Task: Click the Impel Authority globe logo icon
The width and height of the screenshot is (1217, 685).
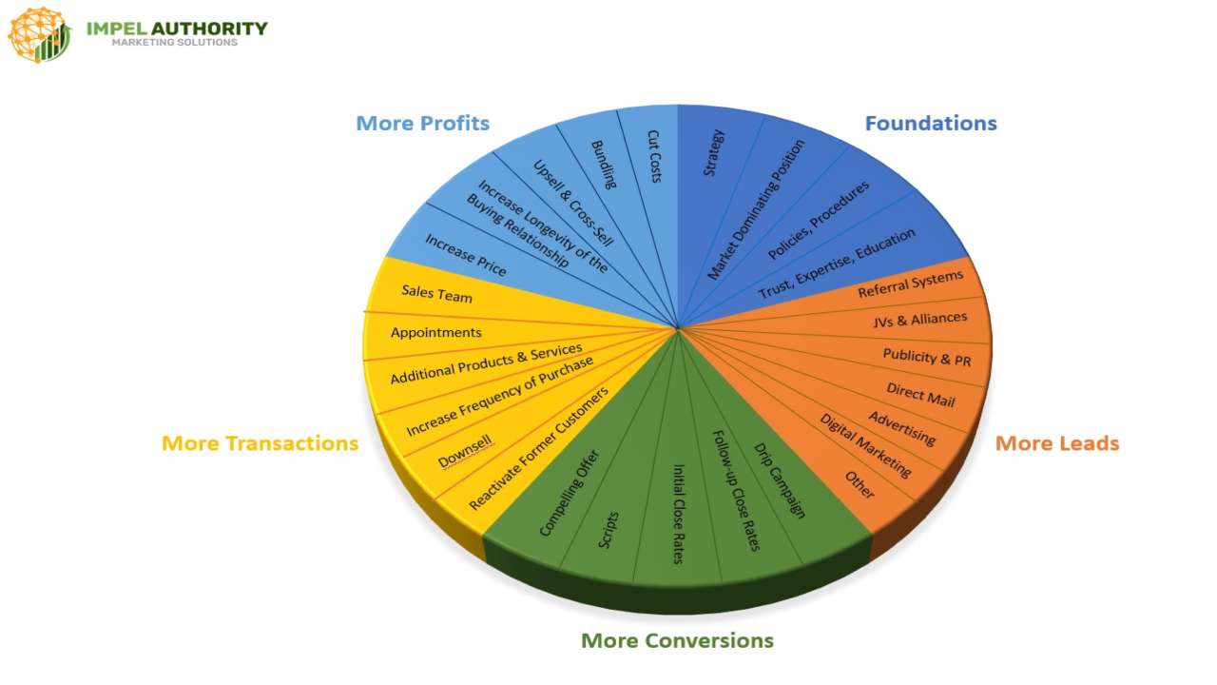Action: [39, 34]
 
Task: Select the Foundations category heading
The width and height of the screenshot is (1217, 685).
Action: [930, 123]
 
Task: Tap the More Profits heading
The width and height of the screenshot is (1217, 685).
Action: [422, 123]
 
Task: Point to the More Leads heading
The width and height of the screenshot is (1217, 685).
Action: [1056, 443]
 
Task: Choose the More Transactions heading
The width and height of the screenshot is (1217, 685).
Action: [260, 443]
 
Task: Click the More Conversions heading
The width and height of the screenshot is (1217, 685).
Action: [677, 640]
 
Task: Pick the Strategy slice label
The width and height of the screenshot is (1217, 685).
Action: [713, 152]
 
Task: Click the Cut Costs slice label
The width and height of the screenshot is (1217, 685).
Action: [654, 156]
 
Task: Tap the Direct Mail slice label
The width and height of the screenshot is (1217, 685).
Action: [920, 394]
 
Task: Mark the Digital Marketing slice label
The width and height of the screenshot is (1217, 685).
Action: [865, 445]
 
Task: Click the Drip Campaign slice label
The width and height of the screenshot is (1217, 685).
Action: [780, 480]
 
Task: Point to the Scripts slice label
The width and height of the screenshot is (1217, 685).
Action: [608, 530]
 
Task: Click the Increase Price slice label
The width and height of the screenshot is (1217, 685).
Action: [465, 255]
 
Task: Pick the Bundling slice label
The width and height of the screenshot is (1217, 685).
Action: [604, 164]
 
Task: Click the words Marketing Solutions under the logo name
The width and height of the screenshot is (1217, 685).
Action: [175, 43]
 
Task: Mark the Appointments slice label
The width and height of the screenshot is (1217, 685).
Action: [435, 332]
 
